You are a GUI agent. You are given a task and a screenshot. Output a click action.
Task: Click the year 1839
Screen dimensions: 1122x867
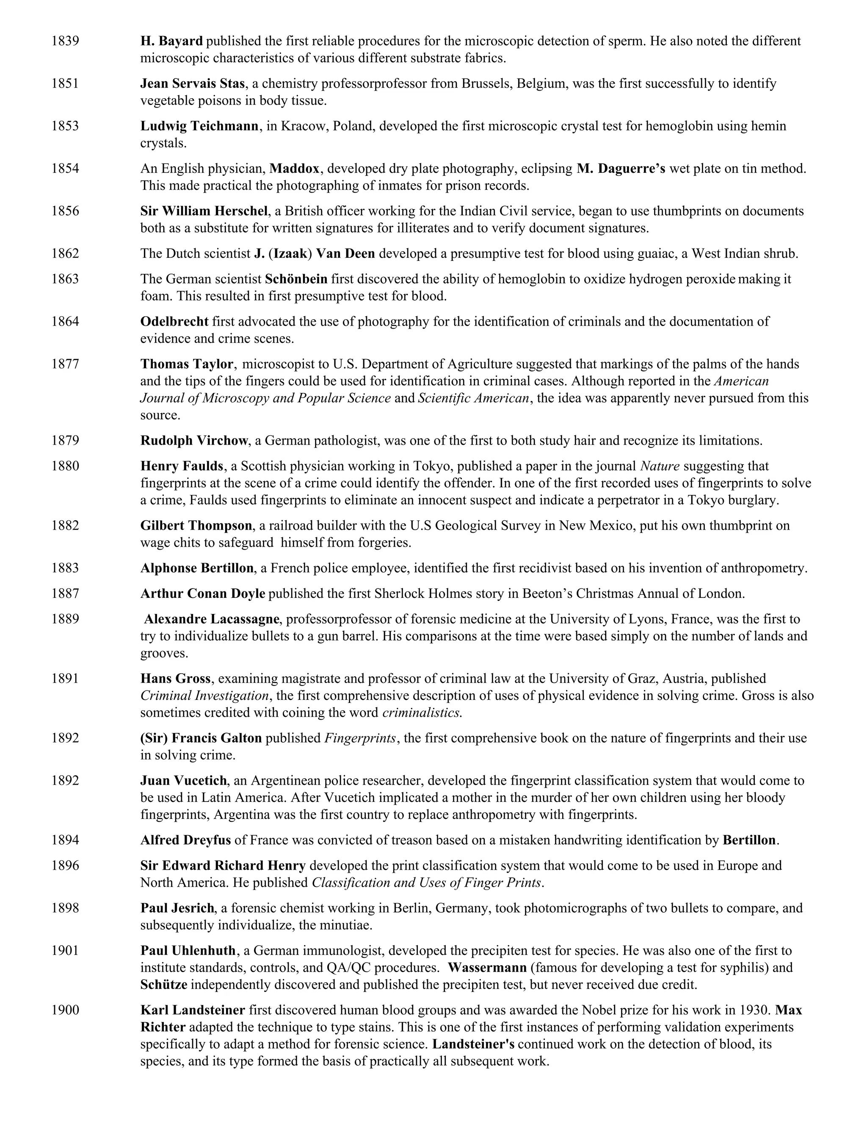pyautogui.click(x=65, y=41)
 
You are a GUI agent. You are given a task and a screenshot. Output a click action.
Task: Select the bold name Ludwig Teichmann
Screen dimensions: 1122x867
pyautogui.click(x=199, y=126)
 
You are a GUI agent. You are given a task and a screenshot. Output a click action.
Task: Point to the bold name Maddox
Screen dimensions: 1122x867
pyautogui.click(x=294, y=169)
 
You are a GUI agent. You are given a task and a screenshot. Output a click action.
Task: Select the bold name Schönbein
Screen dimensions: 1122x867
pyautogui.click(x=296, y=279)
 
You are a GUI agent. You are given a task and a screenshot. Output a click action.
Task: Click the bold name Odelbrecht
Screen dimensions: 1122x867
pyautogui.click(x=174, y=322)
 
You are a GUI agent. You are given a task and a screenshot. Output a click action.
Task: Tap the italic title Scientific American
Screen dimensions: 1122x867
pyautogui.click(x=473, y=398)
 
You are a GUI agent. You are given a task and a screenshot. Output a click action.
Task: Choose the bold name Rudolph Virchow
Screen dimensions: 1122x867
pyautogui.click(x=194, y=441)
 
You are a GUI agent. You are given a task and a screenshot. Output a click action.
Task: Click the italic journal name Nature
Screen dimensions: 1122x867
pyautogui.click(x=660, y=466)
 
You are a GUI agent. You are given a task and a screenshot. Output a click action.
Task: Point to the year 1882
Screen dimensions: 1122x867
pyautogui.click(x=65, y=525)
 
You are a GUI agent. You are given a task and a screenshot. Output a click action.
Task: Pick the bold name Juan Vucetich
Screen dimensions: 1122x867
pyautogui.click(x=183, y=781)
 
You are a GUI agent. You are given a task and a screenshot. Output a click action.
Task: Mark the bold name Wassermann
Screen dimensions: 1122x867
pyautogui.click(x=487, y=968)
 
